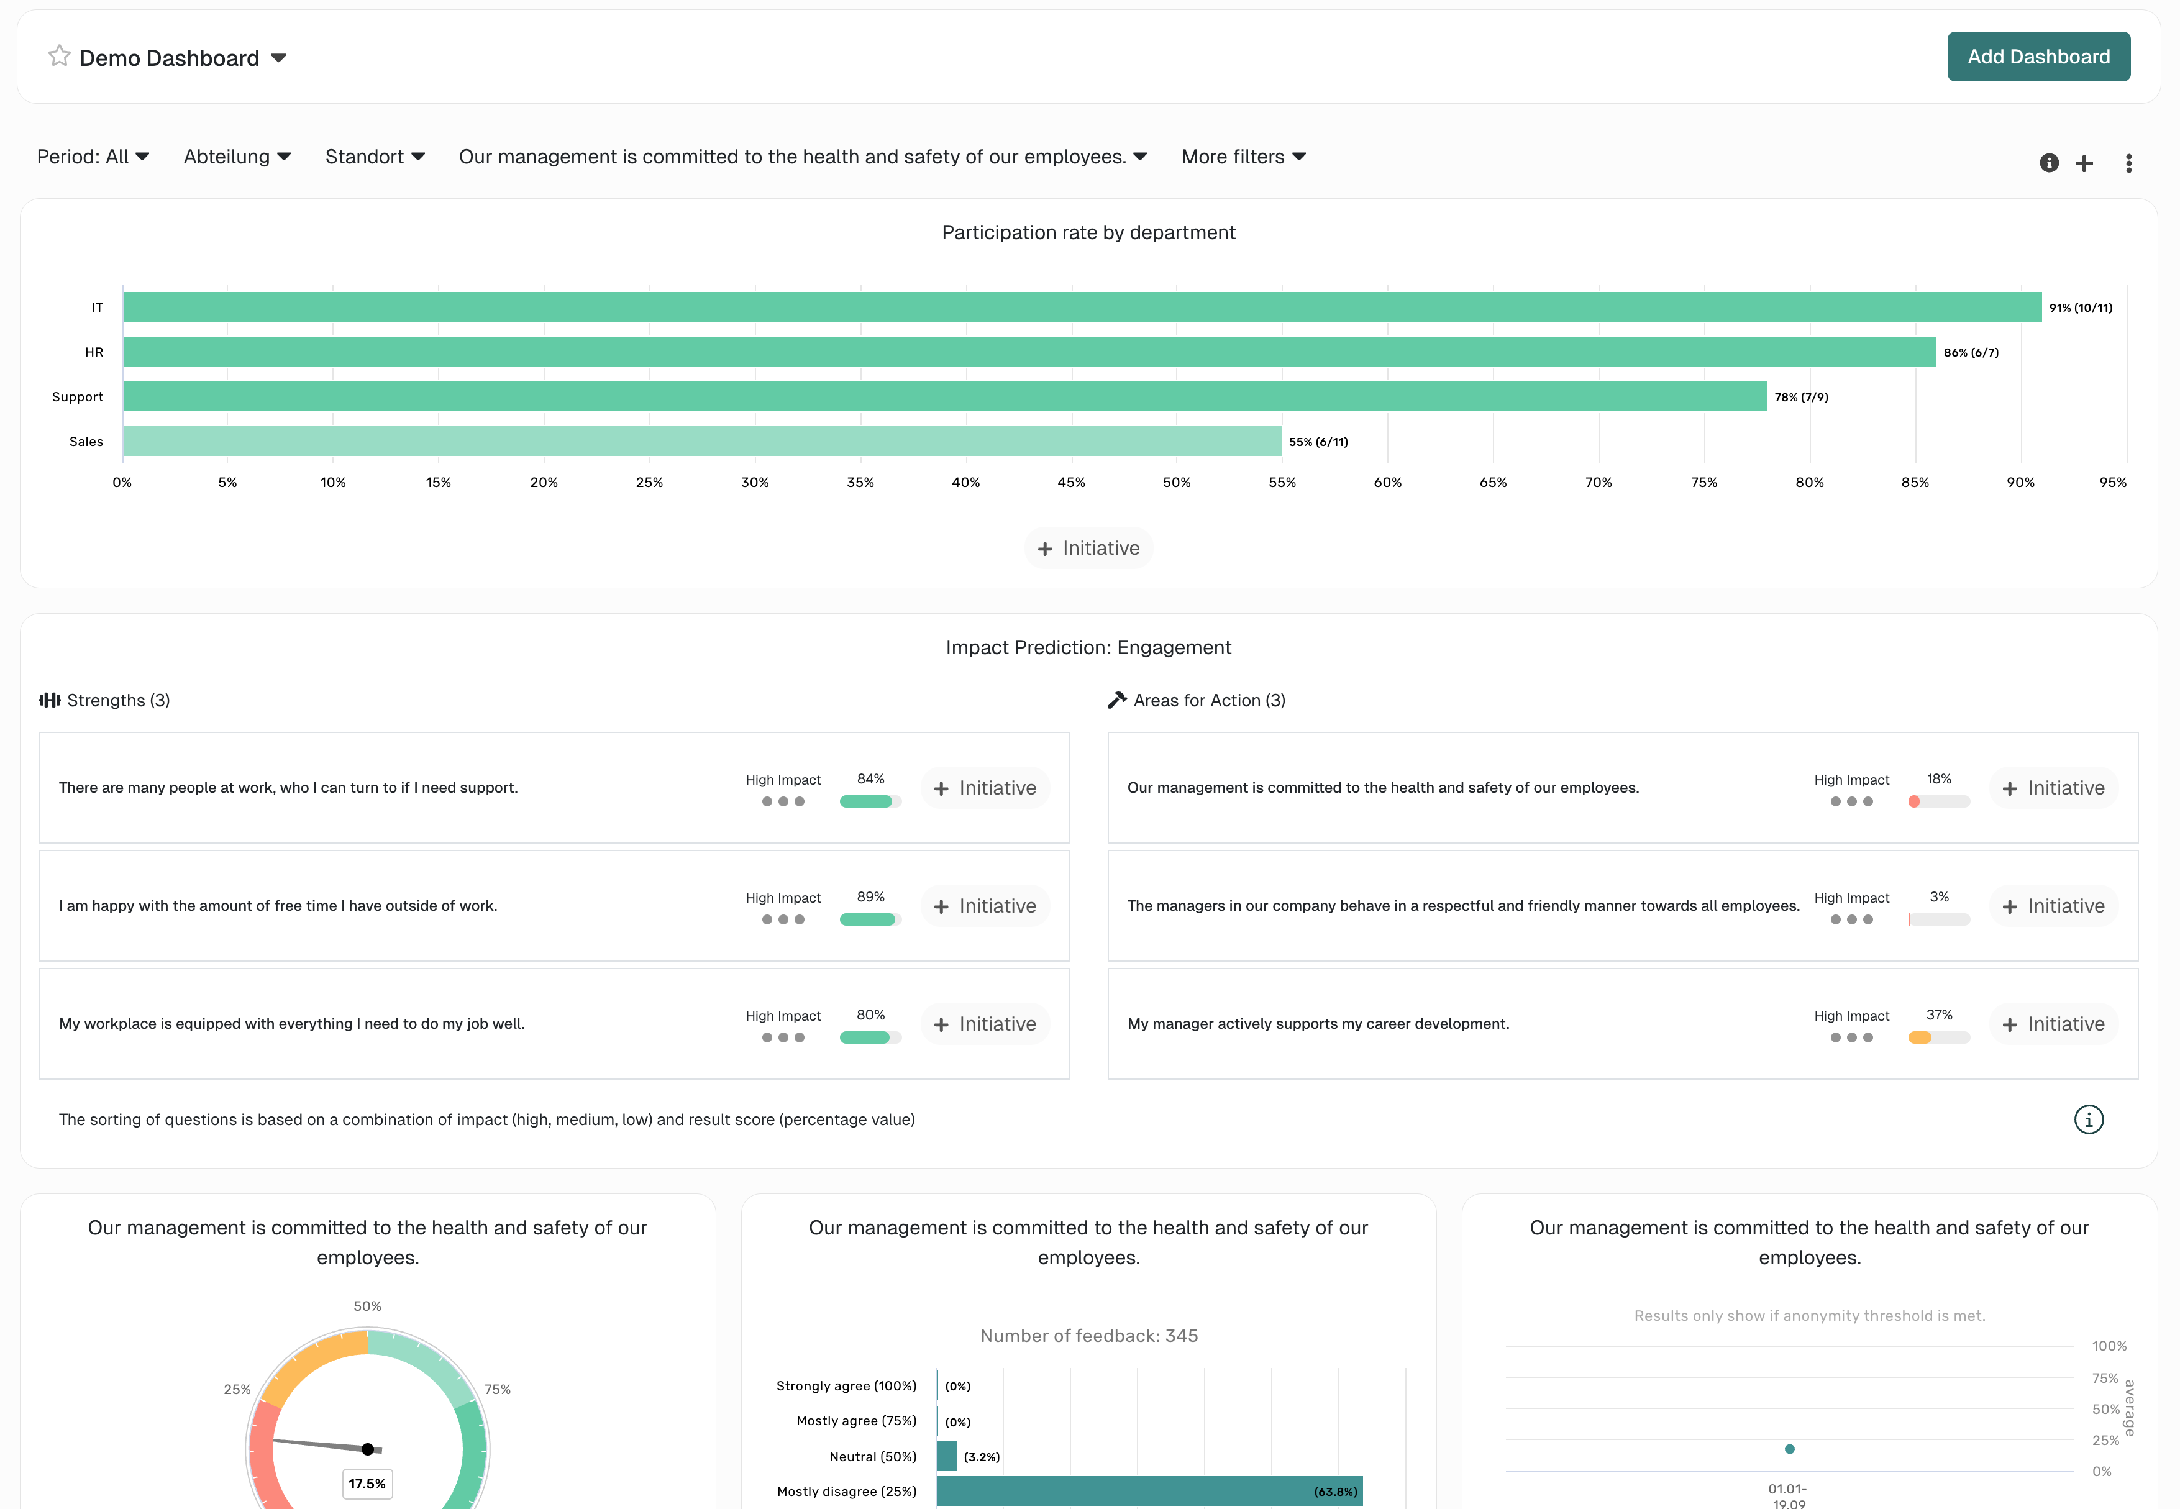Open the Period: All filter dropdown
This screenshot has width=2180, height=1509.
coord(93,157)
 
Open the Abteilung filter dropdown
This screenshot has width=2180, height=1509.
coord(236,157)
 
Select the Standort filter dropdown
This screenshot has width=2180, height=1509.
coord(375,157)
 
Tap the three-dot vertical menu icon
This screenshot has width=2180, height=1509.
coord(2128,163)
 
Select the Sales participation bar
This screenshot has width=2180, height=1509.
coord(701,442)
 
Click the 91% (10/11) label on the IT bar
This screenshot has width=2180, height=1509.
coord(2080,308)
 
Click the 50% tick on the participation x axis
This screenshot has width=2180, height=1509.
coord(1176,482)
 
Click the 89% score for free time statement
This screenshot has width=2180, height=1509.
coord(870,897)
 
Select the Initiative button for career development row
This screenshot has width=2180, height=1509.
coord(2053,1024)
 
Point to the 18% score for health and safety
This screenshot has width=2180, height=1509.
coord(1939,779)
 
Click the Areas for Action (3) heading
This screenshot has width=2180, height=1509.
coord(1208,701)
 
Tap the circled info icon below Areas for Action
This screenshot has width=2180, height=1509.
coord(2088,1119)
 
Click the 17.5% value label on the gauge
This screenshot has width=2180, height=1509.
coord(367,1484)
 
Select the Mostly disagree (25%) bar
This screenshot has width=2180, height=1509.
coord(1149,1491)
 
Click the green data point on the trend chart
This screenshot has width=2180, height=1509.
coord(1789,1449)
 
